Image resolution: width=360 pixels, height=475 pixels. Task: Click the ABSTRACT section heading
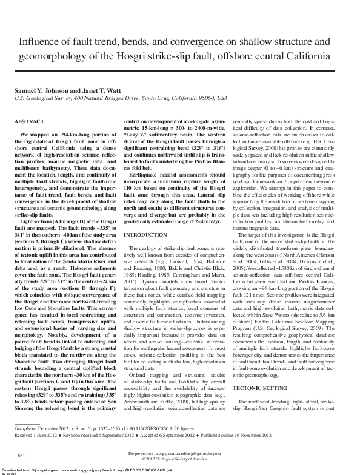28,122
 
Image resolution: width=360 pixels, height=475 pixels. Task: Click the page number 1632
20,455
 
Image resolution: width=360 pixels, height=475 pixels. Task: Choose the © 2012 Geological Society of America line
180,459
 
